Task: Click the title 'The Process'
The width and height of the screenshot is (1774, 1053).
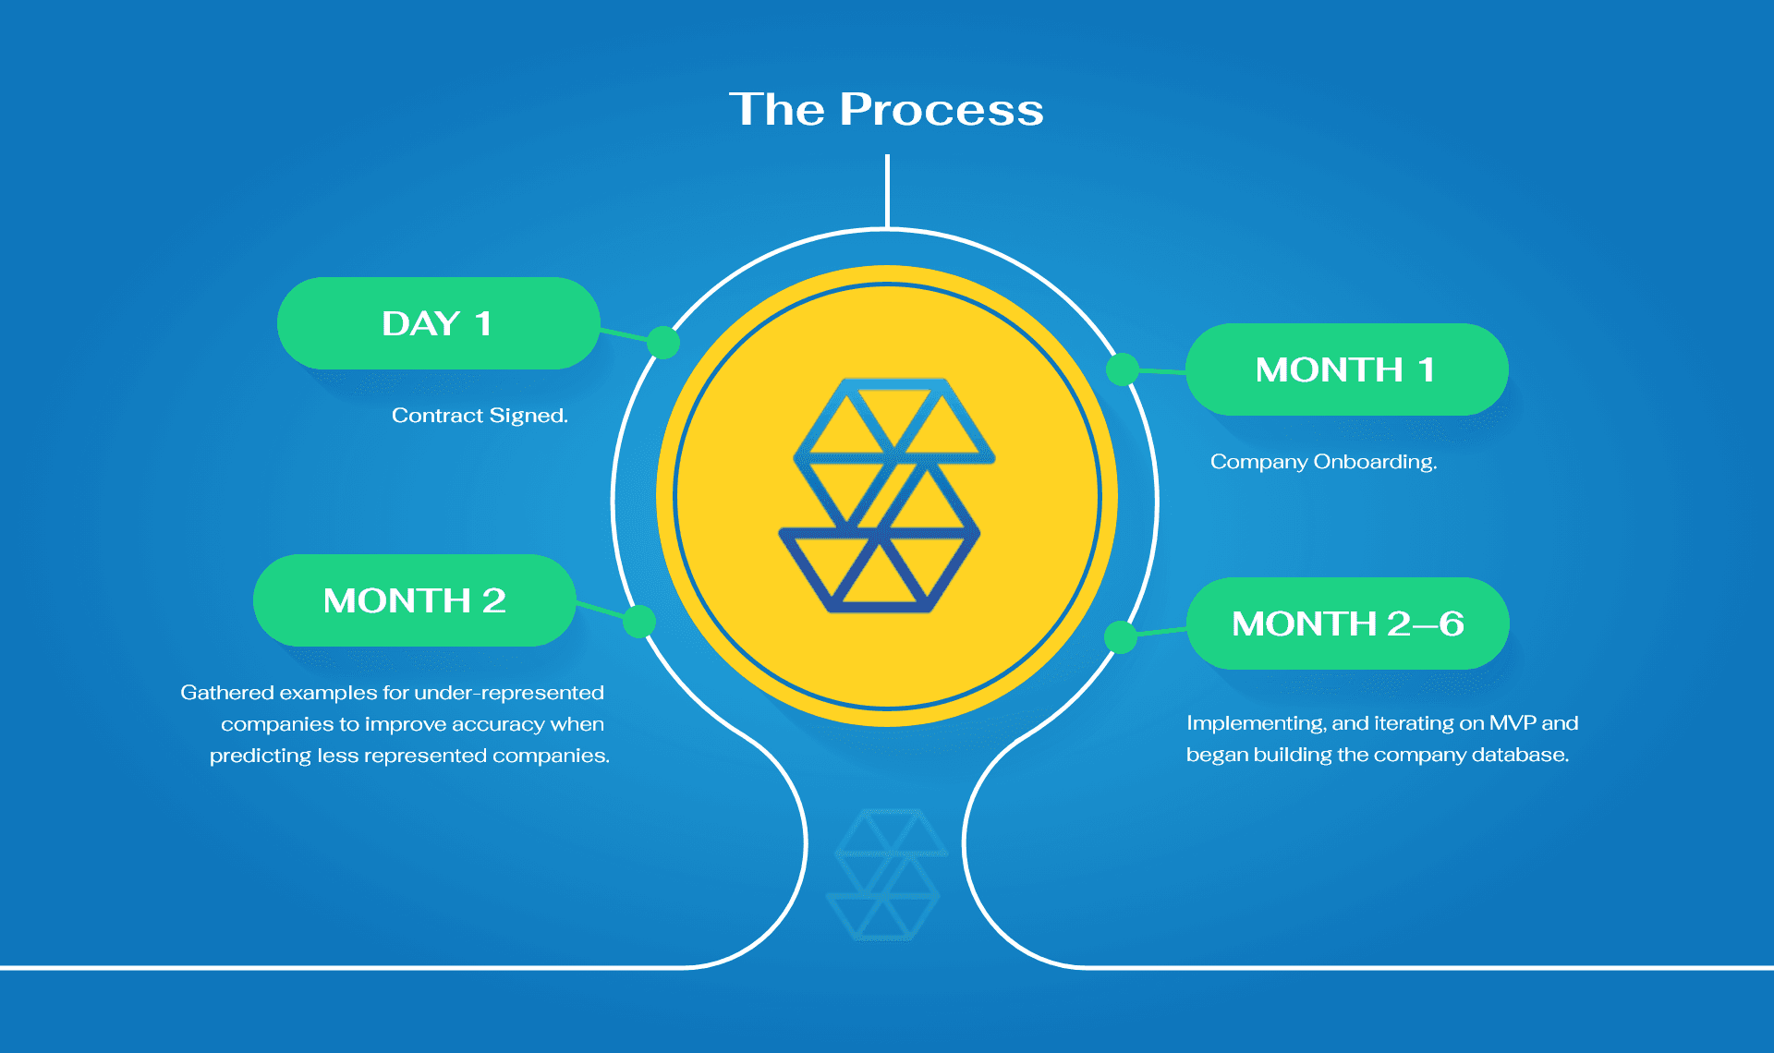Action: pos(886,109)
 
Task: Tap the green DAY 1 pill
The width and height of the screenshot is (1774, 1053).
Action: pos(438,323)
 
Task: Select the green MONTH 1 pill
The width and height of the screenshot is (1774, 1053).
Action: pos(1347,369)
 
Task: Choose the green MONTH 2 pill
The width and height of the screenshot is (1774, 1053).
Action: pos(415,600)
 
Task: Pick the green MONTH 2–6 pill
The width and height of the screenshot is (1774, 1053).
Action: pos(1348,623)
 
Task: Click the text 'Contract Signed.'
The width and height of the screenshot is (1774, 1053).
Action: pos(480,416)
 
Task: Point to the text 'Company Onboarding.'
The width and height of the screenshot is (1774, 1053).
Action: pos(1324,462)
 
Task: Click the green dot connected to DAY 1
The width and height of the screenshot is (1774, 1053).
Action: pos(663,342)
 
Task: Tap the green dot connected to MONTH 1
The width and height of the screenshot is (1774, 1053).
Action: pos(1123,369)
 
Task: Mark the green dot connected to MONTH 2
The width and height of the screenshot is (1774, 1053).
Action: pos(639,622)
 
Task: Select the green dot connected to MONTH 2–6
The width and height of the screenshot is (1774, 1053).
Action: pos(1121,636)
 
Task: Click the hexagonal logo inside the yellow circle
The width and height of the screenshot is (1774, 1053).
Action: pos(886,495)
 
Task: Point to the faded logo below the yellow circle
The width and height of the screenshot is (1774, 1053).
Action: pos(887,875)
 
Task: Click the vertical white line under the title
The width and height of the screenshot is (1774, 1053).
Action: pos(887,191)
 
